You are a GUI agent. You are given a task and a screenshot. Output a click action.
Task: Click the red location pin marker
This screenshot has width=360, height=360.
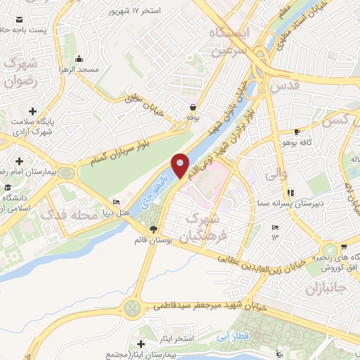coord(181,165)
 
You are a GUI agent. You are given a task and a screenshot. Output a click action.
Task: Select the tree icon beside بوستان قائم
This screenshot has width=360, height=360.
coord(154,229)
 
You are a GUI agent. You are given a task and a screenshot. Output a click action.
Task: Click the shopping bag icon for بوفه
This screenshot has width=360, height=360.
coord(192,108)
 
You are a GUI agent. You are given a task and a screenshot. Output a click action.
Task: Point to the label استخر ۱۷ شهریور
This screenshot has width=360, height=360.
coord(134,11)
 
